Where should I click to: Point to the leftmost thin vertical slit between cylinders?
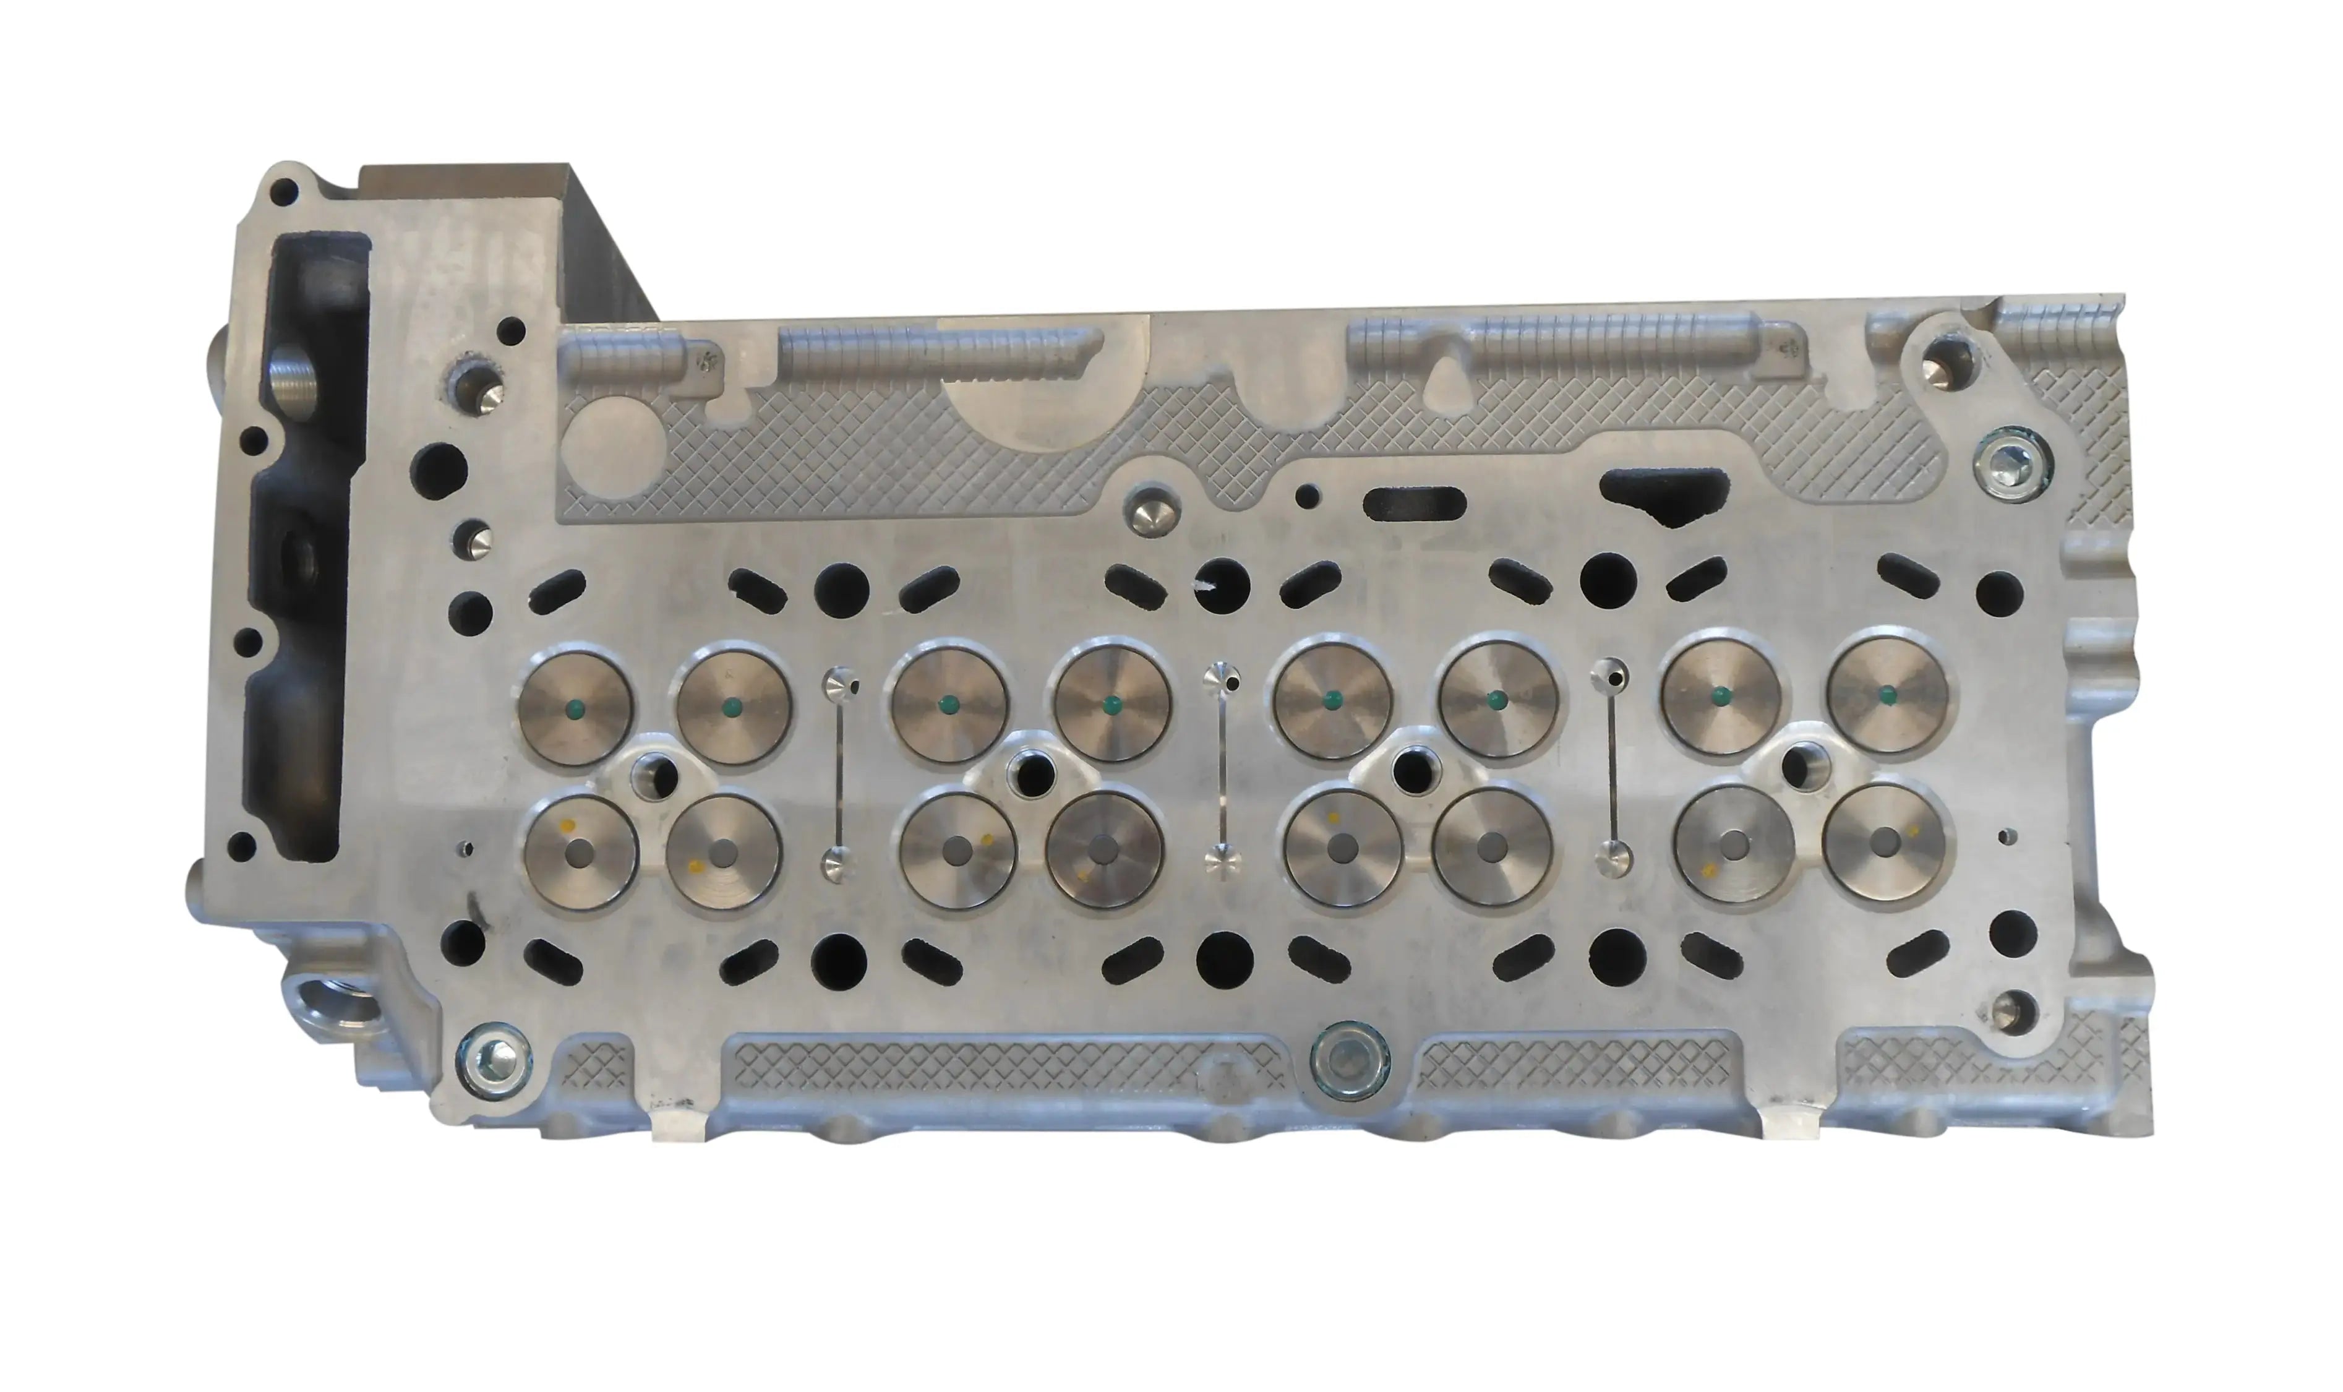coord(840,775)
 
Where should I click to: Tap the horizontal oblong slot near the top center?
coord(1414,504)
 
